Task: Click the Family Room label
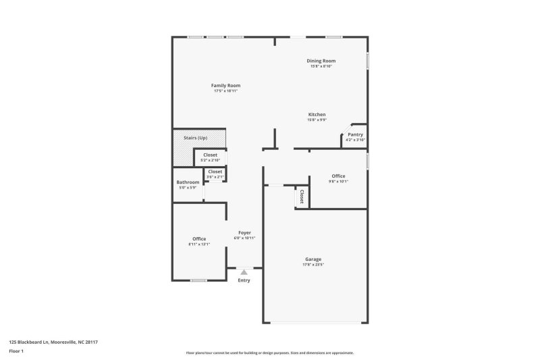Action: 225,86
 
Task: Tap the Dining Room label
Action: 321,61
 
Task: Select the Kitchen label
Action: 317,115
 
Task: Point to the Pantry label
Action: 355,134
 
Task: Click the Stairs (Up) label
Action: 195,138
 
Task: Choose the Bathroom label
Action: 188,182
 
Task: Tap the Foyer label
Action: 244,232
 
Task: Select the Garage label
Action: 313,259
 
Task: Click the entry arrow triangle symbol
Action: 244,272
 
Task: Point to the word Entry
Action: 244,280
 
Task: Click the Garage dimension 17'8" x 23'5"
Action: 313,264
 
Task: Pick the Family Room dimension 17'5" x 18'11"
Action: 225,91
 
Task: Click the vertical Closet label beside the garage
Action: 302,197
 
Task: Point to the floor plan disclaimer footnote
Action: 269,353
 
